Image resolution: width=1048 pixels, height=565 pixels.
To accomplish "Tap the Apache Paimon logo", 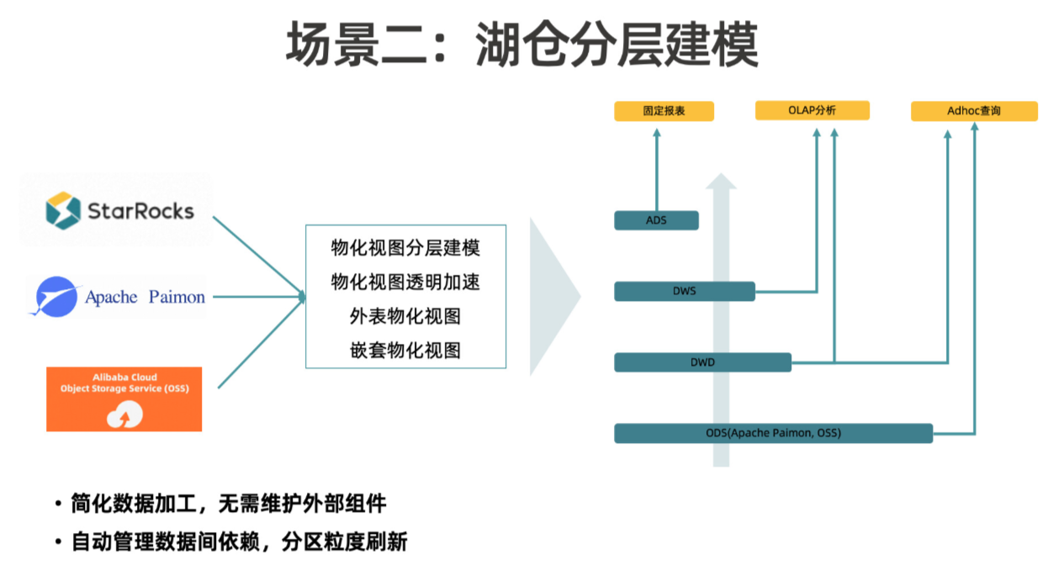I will coord(118,297).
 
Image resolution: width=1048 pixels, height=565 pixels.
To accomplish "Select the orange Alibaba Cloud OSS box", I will coord(124,399).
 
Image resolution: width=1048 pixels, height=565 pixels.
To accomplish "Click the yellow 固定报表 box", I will coord(664,111).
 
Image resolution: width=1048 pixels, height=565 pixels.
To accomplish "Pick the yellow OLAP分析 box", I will coord(812,110).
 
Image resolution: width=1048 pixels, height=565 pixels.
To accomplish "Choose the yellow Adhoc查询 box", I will coord(974,111).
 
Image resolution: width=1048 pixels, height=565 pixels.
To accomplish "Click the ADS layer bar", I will coord(656,220).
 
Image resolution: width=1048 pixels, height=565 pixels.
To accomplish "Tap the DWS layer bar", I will coord(684,292).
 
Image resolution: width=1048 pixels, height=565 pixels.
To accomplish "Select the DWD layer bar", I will coord(702,362).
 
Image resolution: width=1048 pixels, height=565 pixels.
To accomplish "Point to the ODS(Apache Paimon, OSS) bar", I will coord(773,433).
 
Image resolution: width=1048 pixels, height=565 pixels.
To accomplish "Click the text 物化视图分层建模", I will coord(405,248).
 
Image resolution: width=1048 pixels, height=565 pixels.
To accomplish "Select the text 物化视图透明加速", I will coord(405,282).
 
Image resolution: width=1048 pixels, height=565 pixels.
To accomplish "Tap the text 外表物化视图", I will coord(405,316).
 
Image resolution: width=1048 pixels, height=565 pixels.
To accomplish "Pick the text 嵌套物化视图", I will coord(405,350).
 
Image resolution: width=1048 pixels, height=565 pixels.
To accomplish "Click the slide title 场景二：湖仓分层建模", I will coord(522,44).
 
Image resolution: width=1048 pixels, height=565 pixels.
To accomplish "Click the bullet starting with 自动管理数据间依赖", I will coord(240,541).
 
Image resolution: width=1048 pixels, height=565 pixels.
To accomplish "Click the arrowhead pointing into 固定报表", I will coord(657,133).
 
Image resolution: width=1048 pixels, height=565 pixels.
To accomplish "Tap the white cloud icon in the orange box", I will coord(124,414).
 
